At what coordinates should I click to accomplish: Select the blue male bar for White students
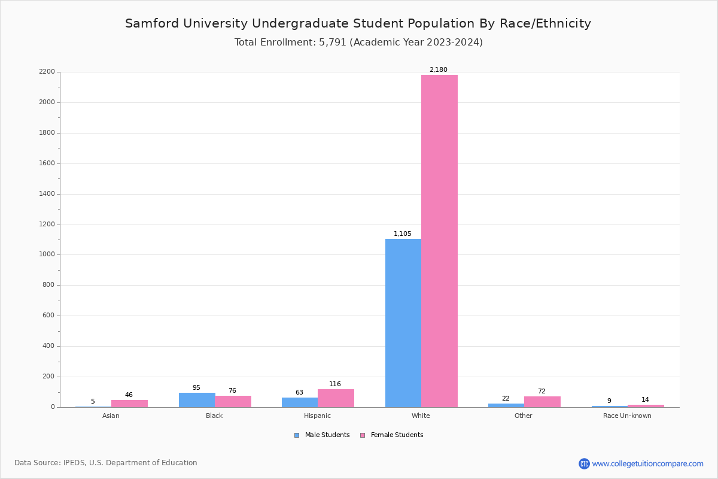[x=403, y=323]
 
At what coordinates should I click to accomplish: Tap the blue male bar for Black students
[x=197, y=400]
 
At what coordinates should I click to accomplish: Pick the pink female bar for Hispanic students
[x=336, y=398]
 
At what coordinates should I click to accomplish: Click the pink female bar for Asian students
[x=129, y=404]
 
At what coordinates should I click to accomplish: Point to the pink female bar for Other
[x=542, y=402]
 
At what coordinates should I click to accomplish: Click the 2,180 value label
[x=438, y=70]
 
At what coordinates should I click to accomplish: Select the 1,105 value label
[x=402, y=234]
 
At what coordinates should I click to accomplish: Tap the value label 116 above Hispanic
[x=334, y=384]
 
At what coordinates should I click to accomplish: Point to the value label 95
[x=196, y=388]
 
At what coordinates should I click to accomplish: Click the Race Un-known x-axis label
[x=627, y=416]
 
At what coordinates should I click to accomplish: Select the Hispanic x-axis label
[x=317, y=416]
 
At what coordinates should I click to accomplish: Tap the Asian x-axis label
[x=111, y=416]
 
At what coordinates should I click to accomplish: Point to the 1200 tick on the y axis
[x=47, y=225]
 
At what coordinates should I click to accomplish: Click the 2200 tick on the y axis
[x=47, y=72]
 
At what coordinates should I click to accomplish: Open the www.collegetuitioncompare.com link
[x=647, y=463]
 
